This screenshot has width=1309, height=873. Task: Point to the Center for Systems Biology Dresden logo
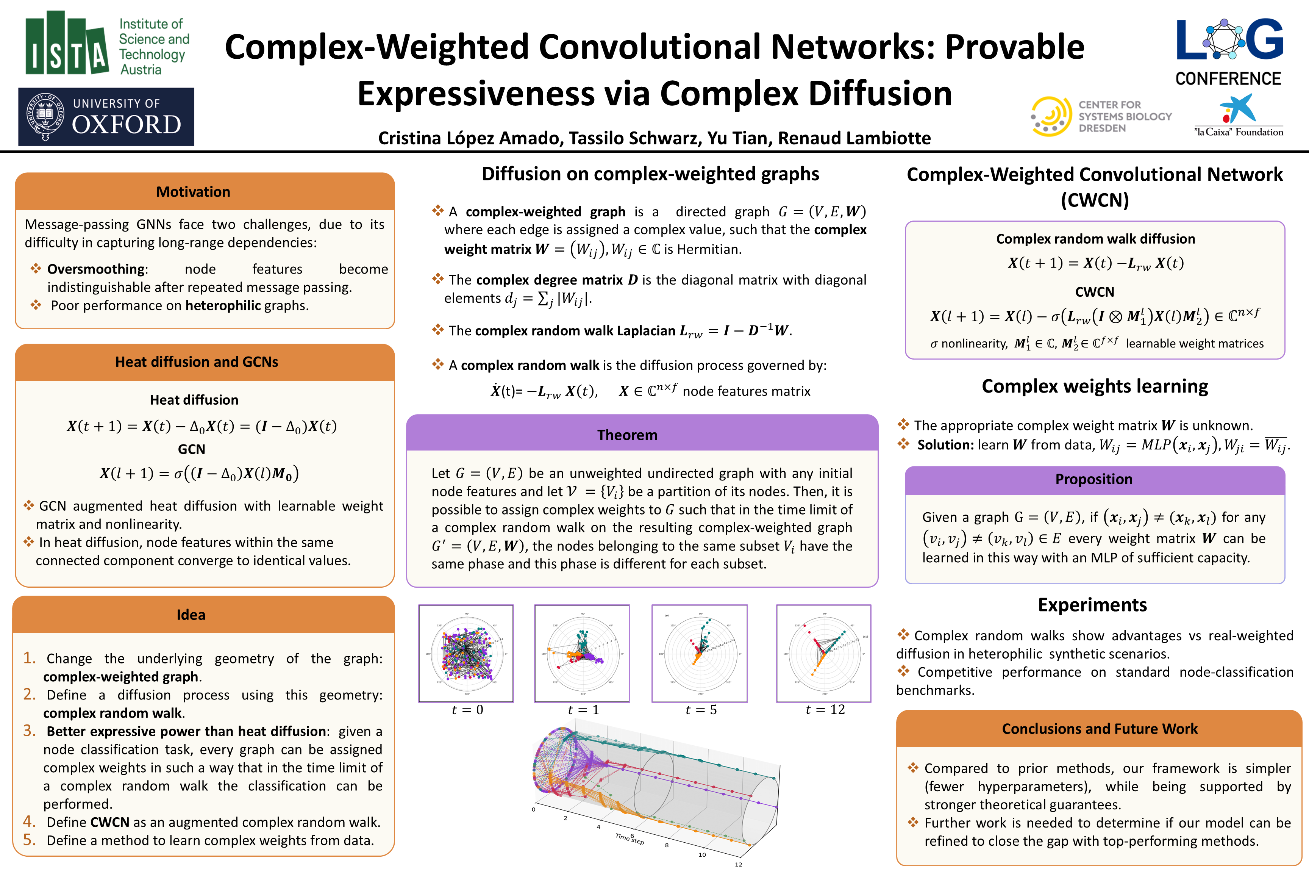pyautogui.click(x=1101, y=116)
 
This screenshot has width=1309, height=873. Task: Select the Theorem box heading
pyautogui.click(x=627, y=435)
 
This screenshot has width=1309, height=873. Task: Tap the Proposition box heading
pyautogui.click(x=1093, y=479)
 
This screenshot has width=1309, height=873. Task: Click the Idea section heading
pyautogui.click(x=191, y=615)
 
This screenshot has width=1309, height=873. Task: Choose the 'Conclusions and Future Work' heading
pyautogui.click(x=1099, y=729)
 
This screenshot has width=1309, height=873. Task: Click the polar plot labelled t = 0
pyautogui.click(x=466, y=653)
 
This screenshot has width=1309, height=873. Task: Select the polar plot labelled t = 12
pyautogui.click(x=824, y=653)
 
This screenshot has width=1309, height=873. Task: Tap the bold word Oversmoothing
pyautogui.click(x=96, y=269)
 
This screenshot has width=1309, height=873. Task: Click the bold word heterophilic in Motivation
pyautogui.click(x=223, y=306)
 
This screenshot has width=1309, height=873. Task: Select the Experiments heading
pyautogui.click(x=1092, y=605)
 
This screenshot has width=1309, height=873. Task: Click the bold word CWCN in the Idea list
pyautogui.click(x=109, y=822)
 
